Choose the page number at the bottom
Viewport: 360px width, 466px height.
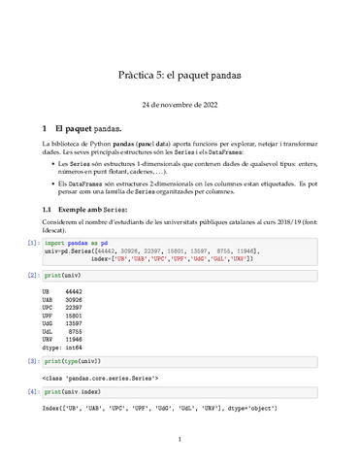click(180, 440)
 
